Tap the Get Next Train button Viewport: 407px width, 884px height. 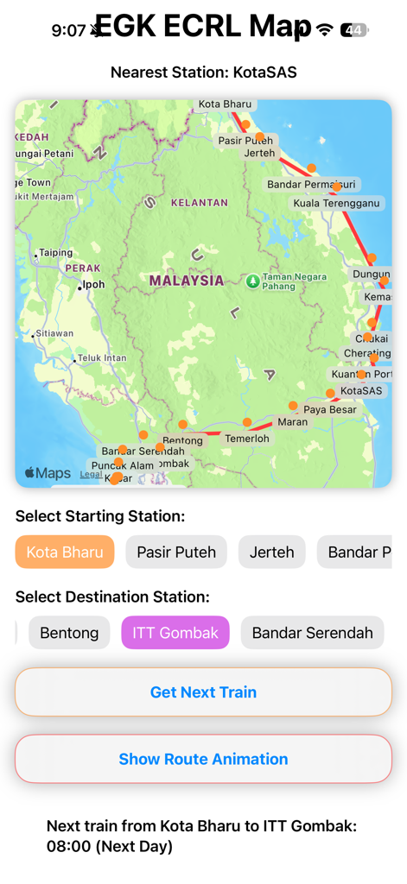click(203, 692)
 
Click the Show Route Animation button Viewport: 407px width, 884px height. click(203, 760)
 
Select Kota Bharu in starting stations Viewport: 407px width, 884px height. click(65, 552)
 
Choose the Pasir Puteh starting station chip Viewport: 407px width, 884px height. click(176, 552)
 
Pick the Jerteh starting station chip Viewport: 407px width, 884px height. click(271, 552)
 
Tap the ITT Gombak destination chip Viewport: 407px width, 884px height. click(175, 633)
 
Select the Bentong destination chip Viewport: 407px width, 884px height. click(69, 633)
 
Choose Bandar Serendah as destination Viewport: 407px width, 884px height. click(312, 633)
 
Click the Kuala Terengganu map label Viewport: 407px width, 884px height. click(336, 204)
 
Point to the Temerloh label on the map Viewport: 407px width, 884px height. click(247, 439)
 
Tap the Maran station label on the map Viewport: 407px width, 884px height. click(292, 422)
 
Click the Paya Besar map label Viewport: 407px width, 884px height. click(329, 409)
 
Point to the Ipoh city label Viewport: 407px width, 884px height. click(92, 285)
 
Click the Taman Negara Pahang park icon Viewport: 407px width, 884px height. click(252, 281)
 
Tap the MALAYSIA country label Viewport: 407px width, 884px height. click(186, 281)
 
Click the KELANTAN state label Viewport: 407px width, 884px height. click(200, 203)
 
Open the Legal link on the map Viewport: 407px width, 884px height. click(91, 474)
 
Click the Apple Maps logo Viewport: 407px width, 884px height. click(48, 473)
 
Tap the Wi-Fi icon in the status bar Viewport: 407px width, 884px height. click(325, 30)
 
